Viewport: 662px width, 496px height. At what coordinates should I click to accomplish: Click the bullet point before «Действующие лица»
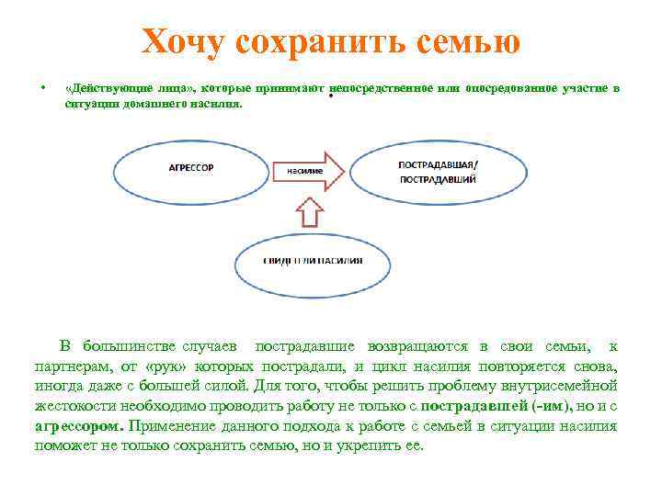(43, 89)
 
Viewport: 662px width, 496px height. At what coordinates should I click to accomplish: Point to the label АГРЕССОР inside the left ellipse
(191, 168)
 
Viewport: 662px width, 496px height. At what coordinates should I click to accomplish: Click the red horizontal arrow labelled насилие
(309, 170)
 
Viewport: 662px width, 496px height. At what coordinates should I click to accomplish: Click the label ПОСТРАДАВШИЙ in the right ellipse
(438, 180)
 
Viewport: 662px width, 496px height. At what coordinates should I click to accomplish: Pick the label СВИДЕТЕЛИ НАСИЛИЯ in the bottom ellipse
(313, 260)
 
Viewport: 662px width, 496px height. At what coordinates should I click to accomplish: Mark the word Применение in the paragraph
(175, 426)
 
